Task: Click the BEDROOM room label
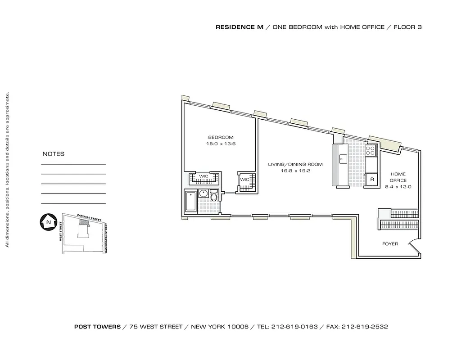click(221, 137)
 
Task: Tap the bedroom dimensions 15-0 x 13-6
click(221, 144)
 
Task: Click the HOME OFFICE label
click(398, 177)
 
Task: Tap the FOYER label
click(390, 244)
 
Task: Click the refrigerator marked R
click(372, 179)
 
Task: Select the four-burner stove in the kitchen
click(371, 150)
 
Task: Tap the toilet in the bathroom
click(214, 197)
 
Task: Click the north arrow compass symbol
click(47, 222)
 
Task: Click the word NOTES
click(53, 154)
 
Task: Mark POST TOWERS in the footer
click(97, 327)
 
